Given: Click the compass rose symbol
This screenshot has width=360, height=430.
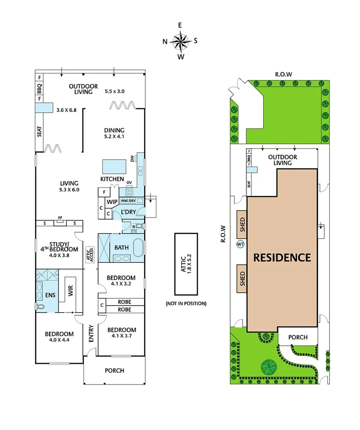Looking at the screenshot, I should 180,41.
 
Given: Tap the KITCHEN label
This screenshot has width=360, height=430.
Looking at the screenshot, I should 112,179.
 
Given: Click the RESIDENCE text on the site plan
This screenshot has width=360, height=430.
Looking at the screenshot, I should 282,257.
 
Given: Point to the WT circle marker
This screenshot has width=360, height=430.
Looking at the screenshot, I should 240,245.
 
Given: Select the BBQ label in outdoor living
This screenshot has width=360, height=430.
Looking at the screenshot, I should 39,89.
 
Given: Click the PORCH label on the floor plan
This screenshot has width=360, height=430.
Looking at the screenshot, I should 114,370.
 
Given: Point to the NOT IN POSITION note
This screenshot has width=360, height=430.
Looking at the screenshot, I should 186,304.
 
